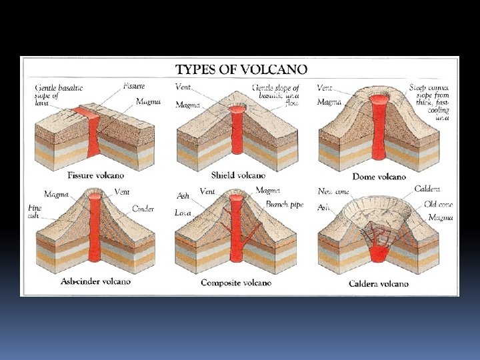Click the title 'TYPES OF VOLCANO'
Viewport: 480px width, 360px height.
tap(241, 69)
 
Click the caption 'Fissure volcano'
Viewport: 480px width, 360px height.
tap(95, 176)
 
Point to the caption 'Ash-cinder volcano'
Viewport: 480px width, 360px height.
tap(95, 281)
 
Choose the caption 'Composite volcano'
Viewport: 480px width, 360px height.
tap(236, 283)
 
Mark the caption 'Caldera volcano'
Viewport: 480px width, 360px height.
tap(378, 284)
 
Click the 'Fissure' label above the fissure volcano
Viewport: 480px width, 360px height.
tap(134, 86)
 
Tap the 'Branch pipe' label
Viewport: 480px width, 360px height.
tap(284, 205)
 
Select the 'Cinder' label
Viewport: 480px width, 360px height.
tap(143, 209)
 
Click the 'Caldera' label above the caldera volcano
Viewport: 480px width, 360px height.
tap(427, 189)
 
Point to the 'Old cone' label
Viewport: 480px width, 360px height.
tap(438, 204)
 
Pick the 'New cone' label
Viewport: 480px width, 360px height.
tap(333, 191)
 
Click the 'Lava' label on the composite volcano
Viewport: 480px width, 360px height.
tap(183, 213)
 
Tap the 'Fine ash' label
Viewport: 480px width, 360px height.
tap(35, 212)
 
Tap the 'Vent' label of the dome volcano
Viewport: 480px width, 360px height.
tap(325, 87)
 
